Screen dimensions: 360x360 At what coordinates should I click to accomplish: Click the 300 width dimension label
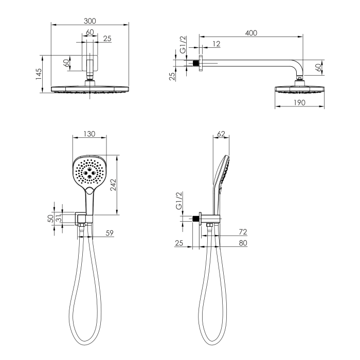point(90,21)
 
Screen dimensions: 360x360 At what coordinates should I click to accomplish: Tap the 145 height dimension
point(39,74)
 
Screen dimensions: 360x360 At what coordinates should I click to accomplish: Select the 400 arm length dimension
point(251,33)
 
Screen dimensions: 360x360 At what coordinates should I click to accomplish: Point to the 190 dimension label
point(300,102)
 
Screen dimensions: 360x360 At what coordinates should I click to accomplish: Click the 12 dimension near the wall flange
point(217,44)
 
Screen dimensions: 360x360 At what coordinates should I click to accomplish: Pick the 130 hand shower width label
point(89,134)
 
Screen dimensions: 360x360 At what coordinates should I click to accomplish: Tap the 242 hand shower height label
point(114,185)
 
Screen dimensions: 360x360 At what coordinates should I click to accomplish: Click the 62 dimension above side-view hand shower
point(221,134)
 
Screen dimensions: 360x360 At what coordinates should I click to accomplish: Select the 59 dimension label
point(110,233)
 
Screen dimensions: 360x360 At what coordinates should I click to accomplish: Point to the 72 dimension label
point(243,232)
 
